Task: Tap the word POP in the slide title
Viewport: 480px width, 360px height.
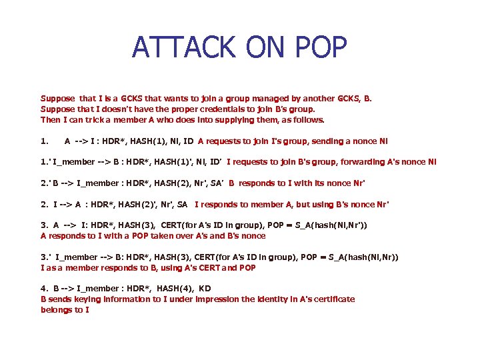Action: tap(317, 47)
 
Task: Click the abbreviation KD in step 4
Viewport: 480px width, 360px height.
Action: tap(205, 288)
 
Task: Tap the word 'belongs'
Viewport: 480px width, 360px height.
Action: tap(55, 309)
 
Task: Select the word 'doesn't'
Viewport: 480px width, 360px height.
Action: tap(104, 109)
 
